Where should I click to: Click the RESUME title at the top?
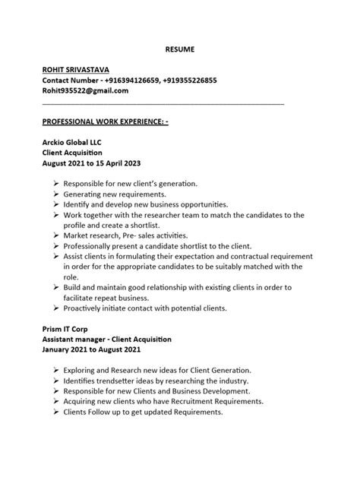coord(180,49)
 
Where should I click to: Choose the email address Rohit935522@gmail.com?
coord(85,90)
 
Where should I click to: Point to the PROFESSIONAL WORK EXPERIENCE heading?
coord(104,122)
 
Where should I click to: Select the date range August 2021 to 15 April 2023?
coord(92,163)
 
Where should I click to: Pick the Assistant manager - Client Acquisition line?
coord(107,339)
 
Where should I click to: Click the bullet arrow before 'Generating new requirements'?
coord(57,194)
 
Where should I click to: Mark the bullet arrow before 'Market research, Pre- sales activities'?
coord(57,236)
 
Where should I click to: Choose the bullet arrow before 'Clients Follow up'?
coord(57,412)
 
